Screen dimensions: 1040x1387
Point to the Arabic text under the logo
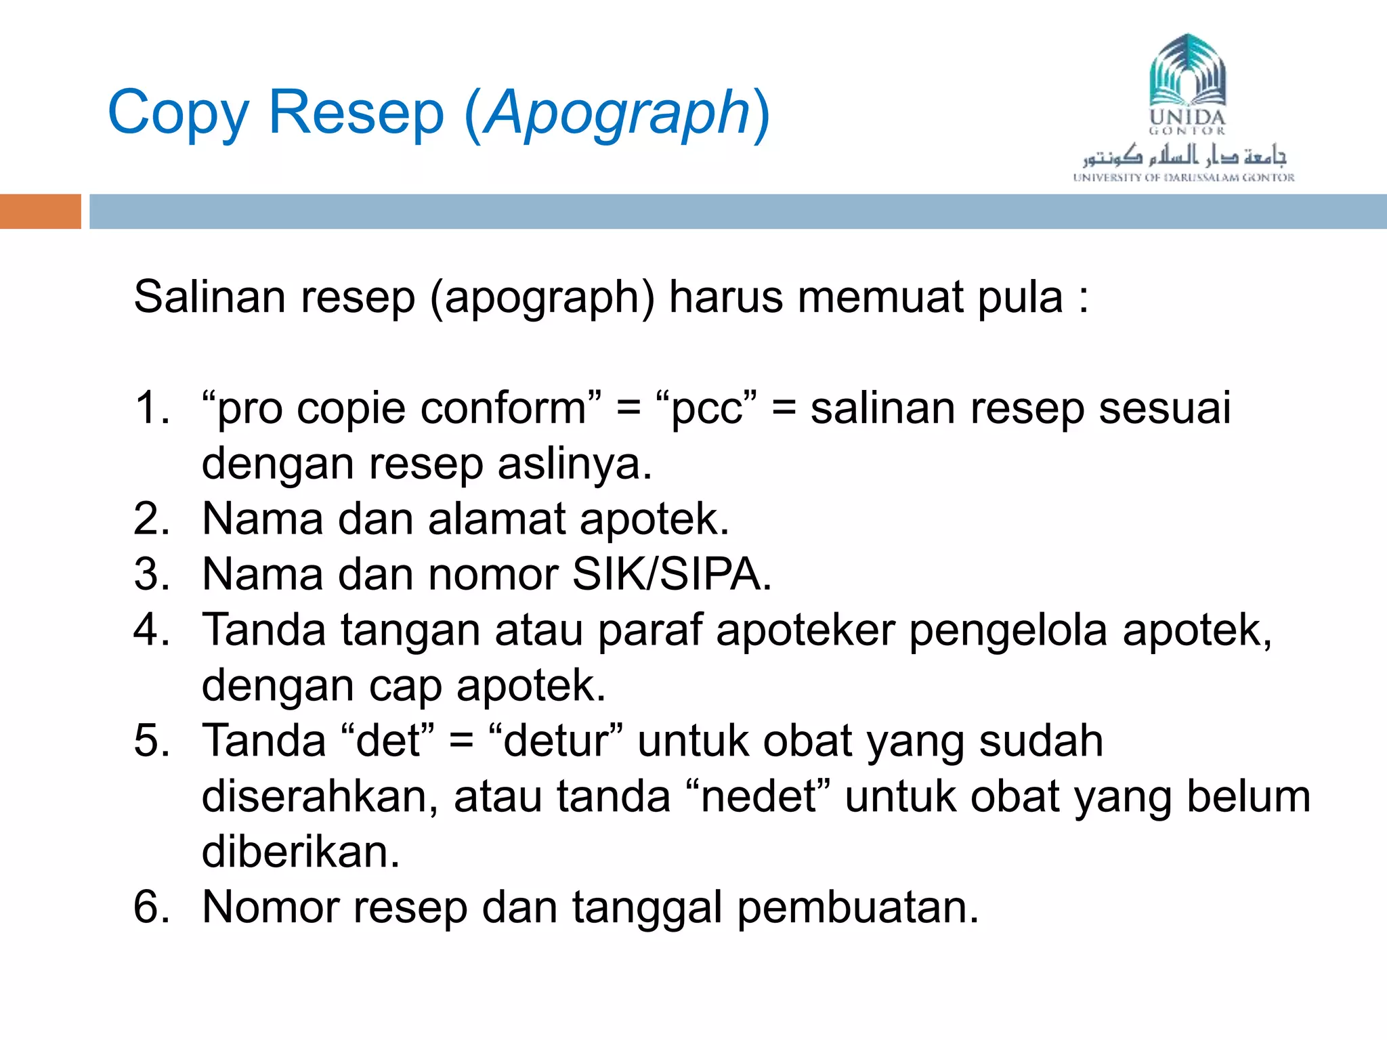tap(1183, 156)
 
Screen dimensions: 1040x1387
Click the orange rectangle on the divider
tap(40, 211)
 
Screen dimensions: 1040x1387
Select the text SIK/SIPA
tap(671, 575)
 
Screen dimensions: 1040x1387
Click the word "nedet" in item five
tap(758, 796)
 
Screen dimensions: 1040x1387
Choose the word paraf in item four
tap(649, 630)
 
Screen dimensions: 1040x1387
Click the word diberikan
tap(301, 852)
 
